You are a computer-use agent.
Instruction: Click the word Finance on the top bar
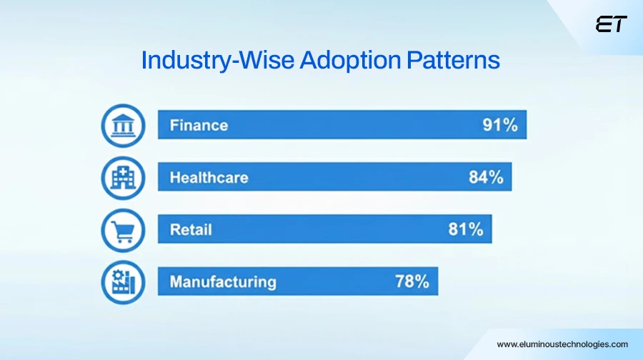[x=199, y=126]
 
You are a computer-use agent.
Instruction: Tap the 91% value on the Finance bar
[x=499, y=126]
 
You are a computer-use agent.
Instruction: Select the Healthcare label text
[x=209, y=178]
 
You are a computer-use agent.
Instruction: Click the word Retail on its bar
[x=191, y=230]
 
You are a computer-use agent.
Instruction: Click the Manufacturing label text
[x=222, y=281]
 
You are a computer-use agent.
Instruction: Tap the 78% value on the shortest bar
[x=412, y=281]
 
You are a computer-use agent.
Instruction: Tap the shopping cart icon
[x=123, y=230]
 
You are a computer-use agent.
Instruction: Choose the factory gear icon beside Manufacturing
[x=123, y=281]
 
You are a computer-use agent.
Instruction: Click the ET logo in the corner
[x=611, y=25]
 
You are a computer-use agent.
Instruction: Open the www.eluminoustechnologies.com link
[x=562, y=344]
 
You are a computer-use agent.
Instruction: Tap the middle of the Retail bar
[x=325, y=230]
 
